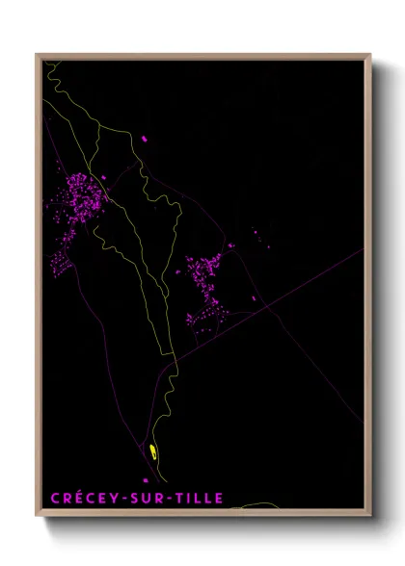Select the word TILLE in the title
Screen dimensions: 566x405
(199, 498)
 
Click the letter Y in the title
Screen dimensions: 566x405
(117, 498)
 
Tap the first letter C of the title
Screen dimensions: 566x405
(55, 498)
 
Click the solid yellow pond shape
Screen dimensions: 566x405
(153, 450)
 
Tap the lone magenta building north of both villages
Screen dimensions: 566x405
(145, 140)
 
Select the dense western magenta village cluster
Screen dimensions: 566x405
(81, 196)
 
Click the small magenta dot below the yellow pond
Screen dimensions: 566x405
(147, 479)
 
